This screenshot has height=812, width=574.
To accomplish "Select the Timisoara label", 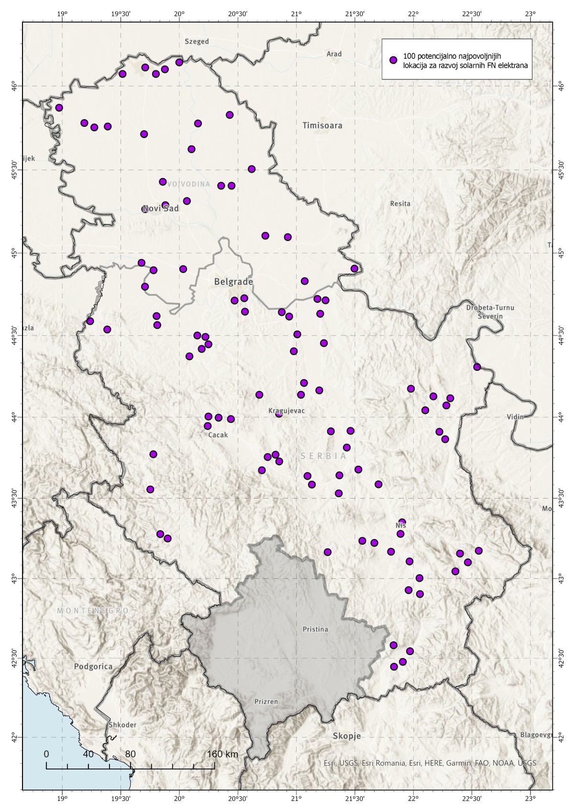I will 322,125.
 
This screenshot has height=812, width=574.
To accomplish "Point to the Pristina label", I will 315,629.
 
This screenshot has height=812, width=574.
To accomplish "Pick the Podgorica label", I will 93,667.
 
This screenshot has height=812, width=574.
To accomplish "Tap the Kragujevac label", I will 287,411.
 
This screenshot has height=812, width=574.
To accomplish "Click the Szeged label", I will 197,42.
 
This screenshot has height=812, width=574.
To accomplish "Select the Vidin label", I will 516,417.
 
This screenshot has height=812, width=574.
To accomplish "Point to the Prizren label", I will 266,702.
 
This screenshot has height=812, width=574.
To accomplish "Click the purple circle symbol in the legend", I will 393,60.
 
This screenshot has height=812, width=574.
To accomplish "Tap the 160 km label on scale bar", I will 222,755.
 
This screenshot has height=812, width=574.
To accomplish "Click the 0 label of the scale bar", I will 46,755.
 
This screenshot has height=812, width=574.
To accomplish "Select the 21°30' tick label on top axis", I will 354,14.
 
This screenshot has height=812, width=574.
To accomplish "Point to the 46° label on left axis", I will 14,86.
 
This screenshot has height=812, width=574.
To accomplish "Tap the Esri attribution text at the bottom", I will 430,763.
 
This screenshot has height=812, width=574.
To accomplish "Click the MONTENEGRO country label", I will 93,611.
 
